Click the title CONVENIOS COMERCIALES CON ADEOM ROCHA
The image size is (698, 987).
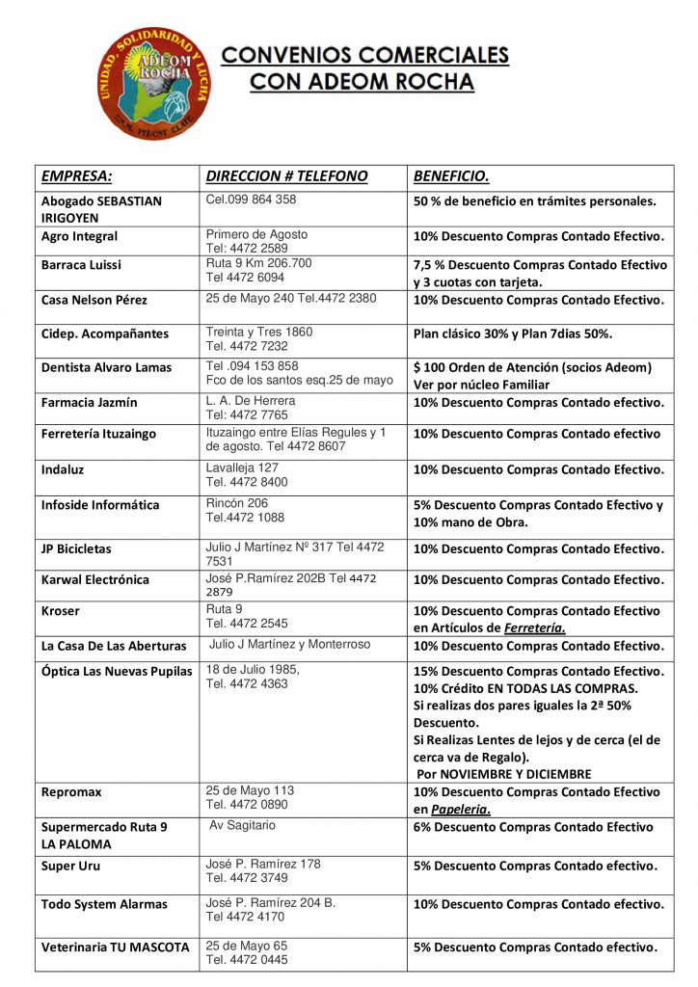pos(364,68)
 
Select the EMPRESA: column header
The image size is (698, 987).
pos(76,176)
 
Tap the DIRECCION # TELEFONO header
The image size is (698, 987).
pos(286,176)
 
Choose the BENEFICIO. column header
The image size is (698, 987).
pos(451,176)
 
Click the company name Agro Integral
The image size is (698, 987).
pos(79,236)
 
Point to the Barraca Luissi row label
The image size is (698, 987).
pos(81,264)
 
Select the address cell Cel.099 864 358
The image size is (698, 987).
pos(251,200)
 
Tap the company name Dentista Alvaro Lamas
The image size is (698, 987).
pos(106,367)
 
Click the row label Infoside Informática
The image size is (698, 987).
pos(100,505)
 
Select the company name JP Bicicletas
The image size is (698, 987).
pos(76,548)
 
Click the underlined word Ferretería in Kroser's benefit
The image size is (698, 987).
pos(535,628)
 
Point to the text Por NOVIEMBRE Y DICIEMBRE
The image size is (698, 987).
pos(503,774)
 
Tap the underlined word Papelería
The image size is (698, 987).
pos(460,810)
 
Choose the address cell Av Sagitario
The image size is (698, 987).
pos(242,825)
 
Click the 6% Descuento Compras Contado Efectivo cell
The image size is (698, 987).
pos(533,827)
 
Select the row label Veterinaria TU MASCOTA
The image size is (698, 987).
pos(115,947)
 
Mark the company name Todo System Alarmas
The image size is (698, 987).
pos(104,904)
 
